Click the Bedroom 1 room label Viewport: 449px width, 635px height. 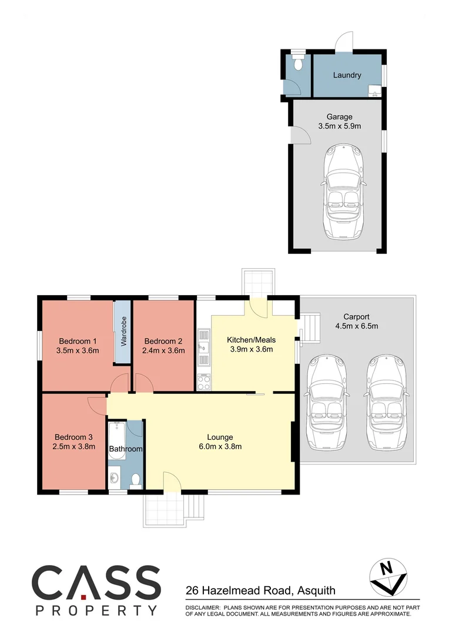tap(78, 341)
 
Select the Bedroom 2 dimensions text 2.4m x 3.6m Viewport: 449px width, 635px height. tap(165, 351)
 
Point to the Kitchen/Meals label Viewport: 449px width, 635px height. tap(251, 340)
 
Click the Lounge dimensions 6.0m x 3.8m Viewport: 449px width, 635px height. tap(220, 446)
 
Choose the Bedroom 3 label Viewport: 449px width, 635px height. tap(73, 437)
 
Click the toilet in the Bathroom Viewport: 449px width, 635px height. tap(136, 480)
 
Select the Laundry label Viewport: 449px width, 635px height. tap(347, 75)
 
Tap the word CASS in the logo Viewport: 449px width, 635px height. tap(96, 582)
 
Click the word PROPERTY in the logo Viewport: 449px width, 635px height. tap(96, 610)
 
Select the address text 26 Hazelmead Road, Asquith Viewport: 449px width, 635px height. tap(261, 590)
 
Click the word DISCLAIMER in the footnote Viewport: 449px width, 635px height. tap(202, 606)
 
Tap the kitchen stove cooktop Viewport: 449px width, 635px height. tap(204, 382)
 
